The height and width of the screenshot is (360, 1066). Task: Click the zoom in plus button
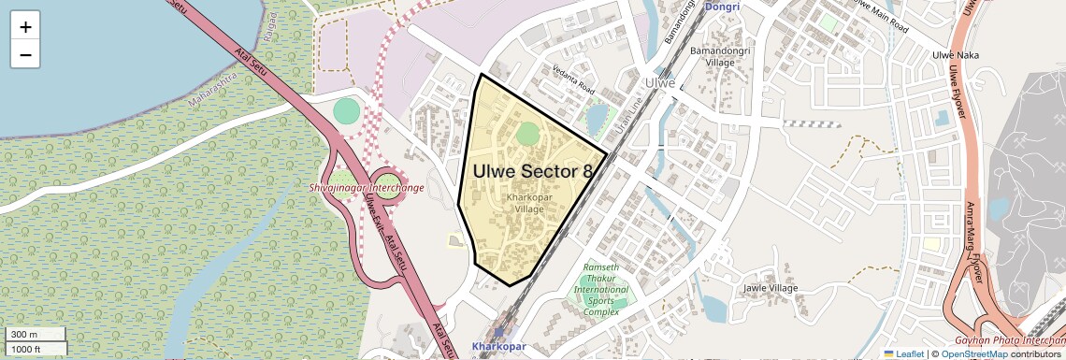[x=25, y=26]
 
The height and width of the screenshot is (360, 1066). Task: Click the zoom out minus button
[x=25, y=54]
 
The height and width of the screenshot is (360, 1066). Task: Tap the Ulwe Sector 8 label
[x=532, y=172]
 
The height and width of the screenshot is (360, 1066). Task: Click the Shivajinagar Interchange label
[x=367, y=188]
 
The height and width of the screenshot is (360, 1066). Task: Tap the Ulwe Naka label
[x=956, y=56]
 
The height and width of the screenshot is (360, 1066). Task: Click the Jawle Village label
[x=771, y=288]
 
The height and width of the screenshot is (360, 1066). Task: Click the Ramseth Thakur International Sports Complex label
[x=601, y=289]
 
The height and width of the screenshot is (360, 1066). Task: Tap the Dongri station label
[x=721, y=7]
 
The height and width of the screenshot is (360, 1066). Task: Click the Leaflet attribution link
[x=903, y=353]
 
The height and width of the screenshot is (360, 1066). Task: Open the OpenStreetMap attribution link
[x=973, y=353]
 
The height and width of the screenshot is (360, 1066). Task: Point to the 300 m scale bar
[x=35, y=335]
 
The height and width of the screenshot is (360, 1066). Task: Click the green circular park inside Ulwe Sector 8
[x=528, y=133]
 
